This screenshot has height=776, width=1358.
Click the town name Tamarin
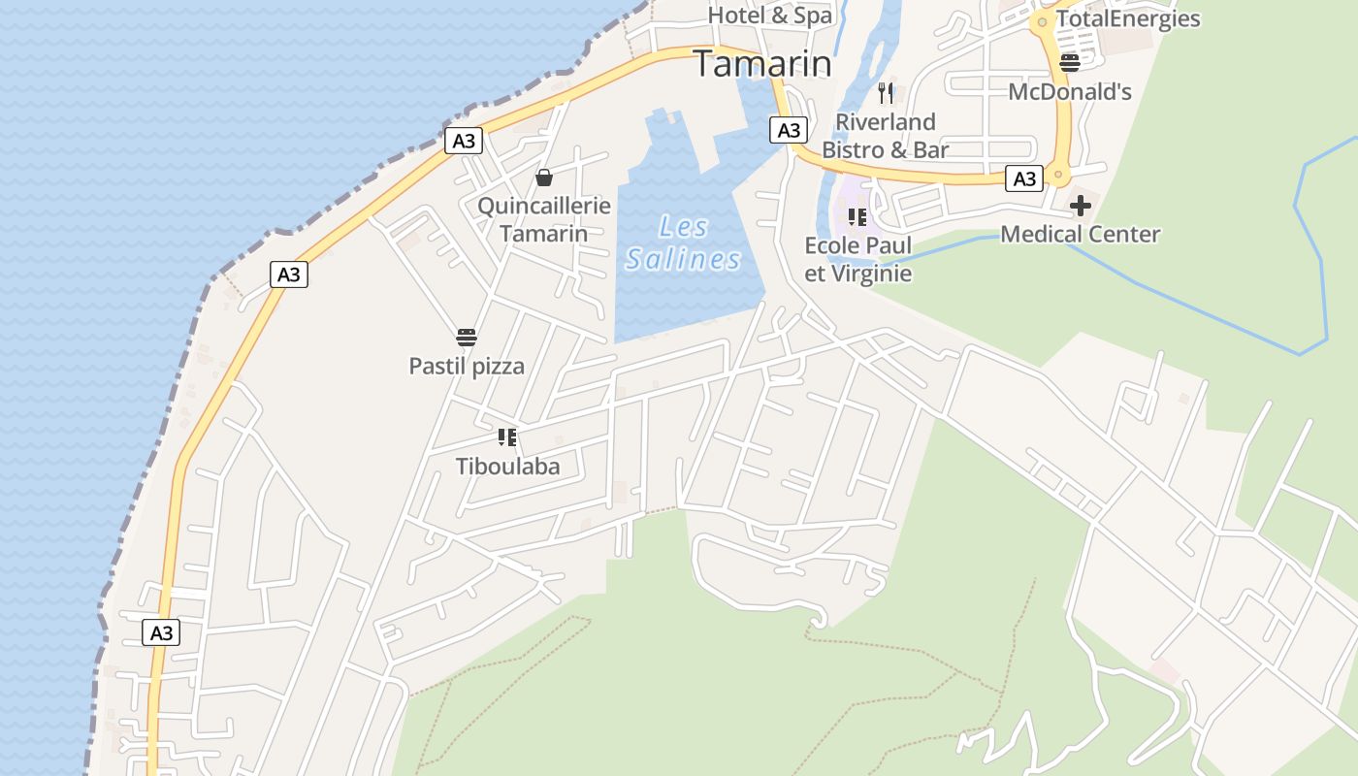tap(763, 64)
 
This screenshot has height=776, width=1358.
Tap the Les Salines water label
tap(683, 243)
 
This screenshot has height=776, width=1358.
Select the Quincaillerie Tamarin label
tap(544, 219)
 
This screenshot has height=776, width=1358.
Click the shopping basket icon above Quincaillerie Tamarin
tap(544, 178)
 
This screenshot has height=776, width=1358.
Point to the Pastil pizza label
tap(467, 367)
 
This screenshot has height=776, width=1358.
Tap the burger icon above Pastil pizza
tap(467, 338)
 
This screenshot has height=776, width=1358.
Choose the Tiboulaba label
tap(508, 467)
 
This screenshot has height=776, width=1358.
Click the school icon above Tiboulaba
tap(506, 437)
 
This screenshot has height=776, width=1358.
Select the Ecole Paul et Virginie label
tap(858, 259)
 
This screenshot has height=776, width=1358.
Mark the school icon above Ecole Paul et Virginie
tap(857, 216)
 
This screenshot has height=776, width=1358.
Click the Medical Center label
tap(1080, 235)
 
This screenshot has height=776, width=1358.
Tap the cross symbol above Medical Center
tap(1080, 206)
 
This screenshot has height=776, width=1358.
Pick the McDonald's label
tap(1070, 92)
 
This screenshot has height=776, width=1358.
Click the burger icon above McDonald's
tap(1070, 63)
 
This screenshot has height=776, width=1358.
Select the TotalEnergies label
tap(1128, 19)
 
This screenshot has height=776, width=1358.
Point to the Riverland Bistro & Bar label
tap(886, 136)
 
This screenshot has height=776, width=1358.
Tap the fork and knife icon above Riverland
tap(885, 93)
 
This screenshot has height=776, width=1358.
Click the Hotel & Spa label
tap(770, 16)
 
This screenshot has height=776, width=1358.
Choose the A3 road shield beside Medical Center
tap(1024, 178)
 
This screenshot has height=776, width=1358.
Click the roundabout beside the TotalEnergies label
tap(1042, 21)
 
